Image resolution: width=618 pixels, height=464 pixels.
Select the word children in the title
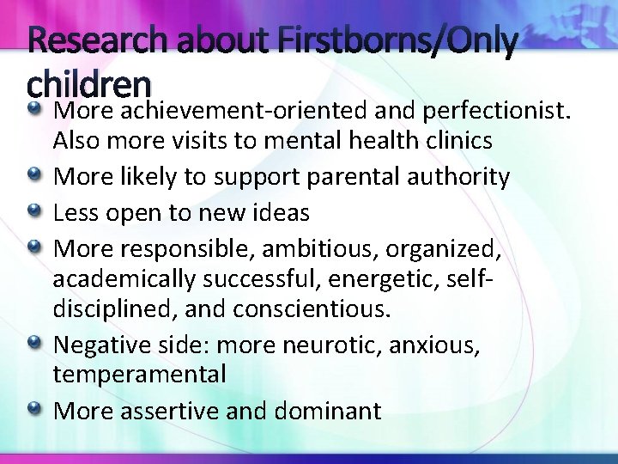pos(89,82)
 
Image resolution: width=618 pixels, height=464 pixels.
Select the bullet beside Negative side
pos(35,344)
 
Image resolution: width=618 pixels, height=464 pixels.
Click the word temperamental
pos(140,375)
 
